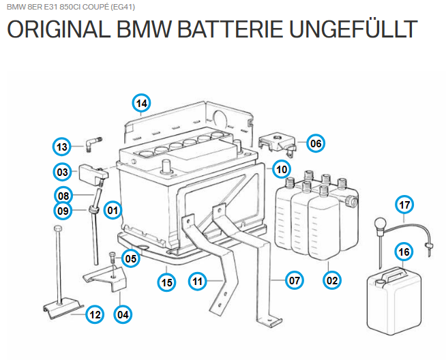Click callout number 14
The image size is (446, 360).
(x=141, y=104)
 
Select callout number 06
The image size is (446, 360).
(x=315, y=143)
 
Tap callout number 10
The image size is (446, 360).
(x=281, y=168)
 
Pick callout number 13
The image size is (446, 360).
(x=63, y=147)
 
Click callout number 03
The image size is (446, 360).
(x=63, y=172)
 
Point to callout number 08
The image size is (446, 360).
(x=63, y=194)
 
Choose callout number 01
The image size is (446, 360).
(x=112, y=211)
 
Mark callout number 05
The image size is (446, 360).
(x=131, y=258)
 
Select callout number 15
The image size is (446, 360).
(x=165, y=280)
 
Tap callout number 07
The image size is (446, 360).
(x=294, y=280)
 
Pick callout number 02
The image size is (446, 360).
(x=332, y=280)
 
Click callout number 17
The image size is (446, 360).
(x=404, y=205)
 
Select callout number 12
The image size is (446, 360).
(x=95, y=314)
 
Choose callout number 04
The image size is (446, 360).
(x=123, y=314)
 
